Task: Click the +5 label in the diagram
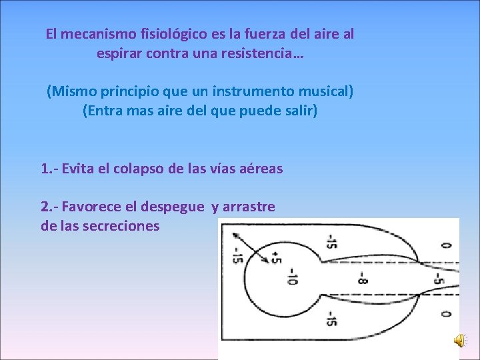(275, 257)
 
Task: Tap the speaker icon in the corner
(461, 341)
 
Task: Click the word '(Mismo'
(69, 91)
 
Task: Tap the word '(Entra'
(102, 110)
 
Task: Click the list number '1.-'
(49, 169)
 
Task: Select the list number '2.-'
(49, 207)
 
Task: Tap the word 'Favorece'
(90, 207)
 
